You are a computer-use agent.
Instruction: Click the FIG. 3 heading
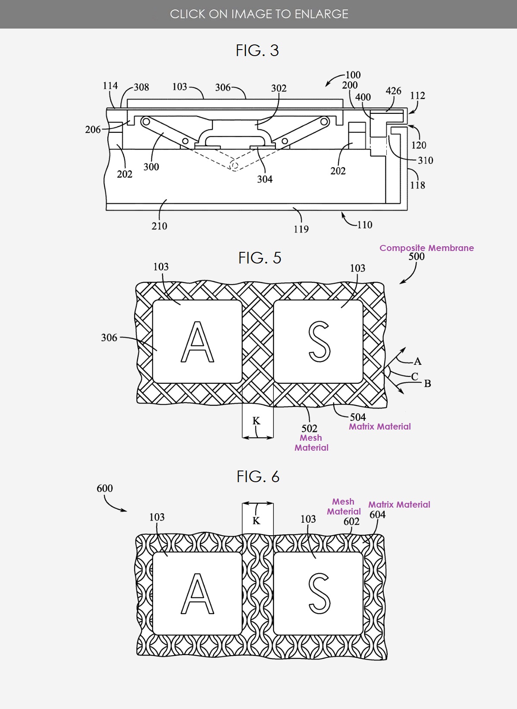click(257, 50)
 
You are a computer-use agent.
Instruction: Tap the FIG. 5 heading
click(260, 258)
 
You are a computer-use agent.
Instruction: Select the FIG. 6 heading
click(258, 477)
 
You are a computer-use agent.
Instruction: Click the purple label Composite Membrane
click(426, 248)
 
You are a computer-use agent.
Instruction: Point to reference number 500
click(417, 257)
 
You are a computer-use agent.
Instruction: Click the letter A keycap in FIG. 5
click(197, 342)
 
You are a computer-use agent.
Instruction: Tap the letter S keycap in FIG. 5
click(319, 342)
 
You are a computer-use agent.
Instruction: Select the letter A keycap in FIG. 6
click(197, 593)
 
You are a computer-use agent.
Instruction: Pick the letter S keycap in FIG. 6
click(319, 593)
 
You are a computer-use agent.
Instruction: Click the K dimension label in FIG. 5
click(256, 421)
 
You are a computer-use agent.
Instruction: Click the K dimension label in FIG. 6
click(256, 521)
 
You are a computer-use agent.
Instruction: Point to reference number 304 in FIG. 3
click(265, 179)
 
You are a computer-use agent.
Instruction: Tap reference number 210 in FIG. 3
click(159, 226)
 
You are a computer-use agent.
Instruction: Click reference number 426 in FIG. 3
click(393, 91)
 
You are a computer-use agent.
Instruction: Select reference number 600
click(105, 489)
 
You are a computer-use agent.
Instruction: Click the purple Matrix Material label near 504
click(379, 427)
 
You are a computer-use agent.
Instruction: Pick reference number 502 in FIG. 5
click(309, 428)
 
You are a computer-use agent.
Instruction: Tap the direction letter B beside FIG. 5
click(427, 383)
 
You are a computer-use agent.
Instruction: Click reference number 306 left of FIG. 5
click(109, 338)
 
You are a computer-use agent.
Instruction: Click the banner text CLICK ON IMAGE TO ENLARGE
click(259, 14)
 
